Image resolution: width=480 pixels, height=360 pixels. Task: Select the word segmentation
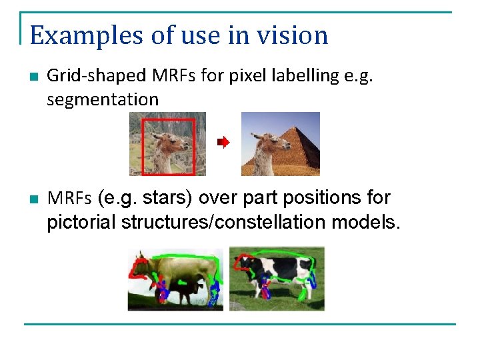103,100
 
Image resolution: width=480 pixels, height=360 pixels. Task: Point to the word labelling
305,76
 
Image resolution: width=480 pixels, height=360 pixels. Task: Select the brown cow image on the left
176,279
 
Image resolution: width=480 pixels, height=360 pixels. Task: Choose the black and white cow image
277,279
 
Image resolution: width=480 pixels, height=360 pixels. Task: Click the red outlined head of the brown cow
141,265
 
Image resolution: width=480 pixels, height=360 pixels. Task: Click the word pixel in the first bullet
247,76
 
